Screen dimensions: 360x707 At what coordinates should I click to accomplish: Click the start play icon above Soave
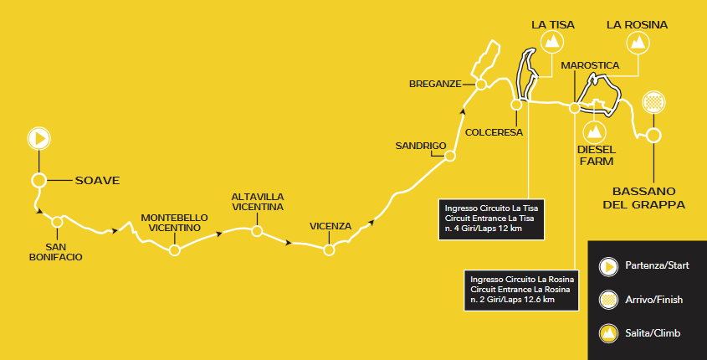tap(38, 137)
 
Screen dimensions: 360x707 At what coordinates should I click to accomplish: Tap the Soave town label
tap(97, 180)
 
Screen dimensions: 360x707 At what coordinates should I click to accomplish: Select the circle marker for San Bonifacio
tap(57, 222)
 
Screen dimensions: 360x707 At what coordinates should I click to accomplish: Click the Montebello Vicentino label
tap(174, 221)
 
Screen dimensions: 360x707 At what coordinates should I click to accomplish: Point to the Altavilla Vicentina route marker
tap(258, 230)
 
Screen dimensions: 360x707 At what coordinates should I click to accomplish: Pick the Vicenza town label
tap(330, 226)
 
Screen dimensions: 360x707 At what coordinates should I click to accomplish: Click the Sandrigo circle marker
tap(450, 156)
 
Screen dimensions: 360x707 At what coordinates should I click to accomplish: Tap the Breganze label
tap(435, 84)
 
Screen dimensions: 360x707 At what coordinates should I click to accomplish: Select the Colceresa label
tap(494, 132)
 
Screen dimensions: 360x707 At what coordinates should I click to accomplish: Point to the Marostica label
tap(590, 64)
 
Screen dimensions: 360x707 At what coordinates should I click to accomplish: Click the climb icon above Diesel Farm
tap(595, 131)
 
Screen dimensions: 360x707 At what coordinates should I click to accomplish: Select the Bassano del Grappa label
tap(648, 198)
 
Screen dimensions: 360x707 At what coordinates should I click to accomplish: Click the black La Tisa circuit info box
tap(493, 218)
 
